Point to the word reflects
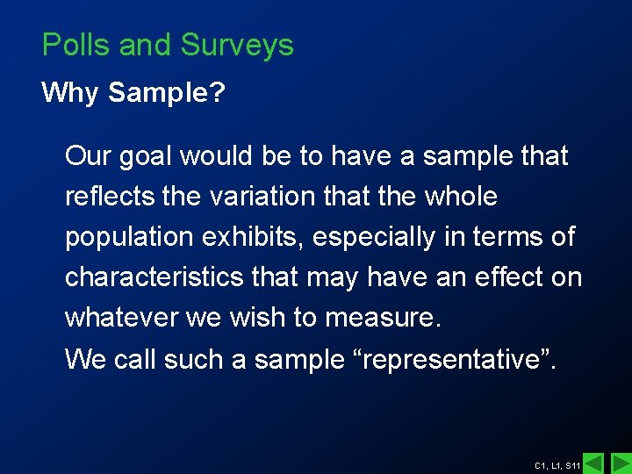(111, 197)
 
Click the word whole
(460, 197)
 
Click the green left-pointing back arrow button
(593, 463)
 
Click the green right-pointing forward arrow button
(621, 463)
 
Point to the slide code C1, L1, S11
(557, 464)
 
